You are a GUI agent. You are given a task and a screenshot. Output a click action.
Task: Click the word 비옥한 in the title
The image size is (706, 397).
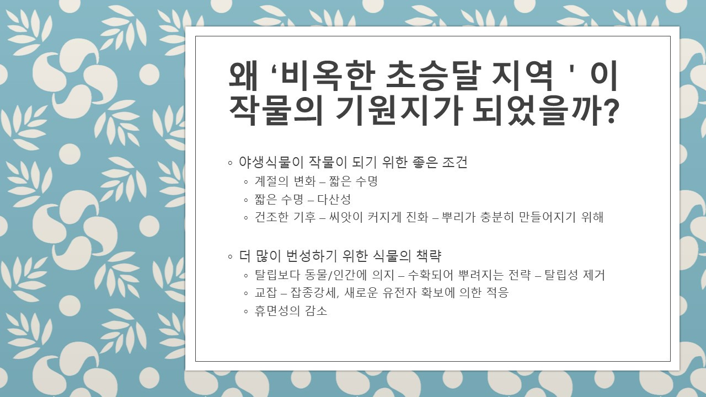click(316, 77)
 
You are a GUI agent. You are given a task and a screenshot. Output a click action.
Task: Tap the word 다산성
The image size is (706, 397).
click(334, 199)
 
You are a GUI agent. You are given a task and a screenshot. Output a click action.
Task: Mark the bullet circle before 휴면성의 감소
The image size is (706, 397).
click(247, 312)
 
